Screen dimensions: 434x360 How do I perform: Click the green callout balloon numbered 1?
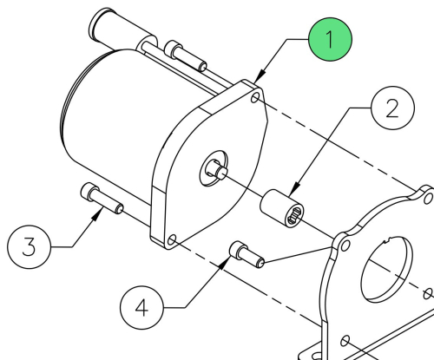click(330, 39)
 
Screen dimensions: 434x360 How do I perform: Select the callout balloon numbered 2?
click(392, 108)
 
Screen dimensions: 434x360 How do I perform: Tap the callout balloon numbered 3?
click(29, 247)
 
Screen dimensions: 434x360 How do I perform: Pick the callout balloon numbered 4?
click(141, 308)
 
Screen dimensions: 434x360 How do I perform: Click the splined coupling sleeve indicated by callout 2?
click(282, 208)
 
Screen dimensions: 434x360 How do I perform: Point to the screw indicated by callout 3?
click(102, 199)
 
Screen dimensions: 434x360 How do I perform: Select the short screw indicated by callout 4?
click(247, 254)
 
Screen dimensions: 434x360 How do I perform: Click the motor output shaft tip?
click(222, 173)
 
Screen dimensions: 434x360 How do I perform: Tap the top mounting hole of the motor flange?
click(255, 98)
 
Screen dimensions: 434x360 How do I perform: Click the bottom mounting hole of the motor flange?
click(172, 240)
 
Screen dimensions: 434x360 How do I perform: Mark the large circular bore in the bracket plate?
click(387, 269)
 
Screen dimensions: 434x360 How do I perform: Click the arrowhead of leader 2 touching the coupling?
click(294, 189)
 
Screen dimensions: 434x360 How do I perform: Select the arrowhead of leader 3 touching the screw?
click(97, 214)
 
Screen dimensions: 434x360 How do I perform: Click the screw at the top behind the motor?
click(186, 56)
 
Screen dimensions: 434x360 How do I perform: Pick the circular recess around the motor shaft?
click(214, 168)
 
